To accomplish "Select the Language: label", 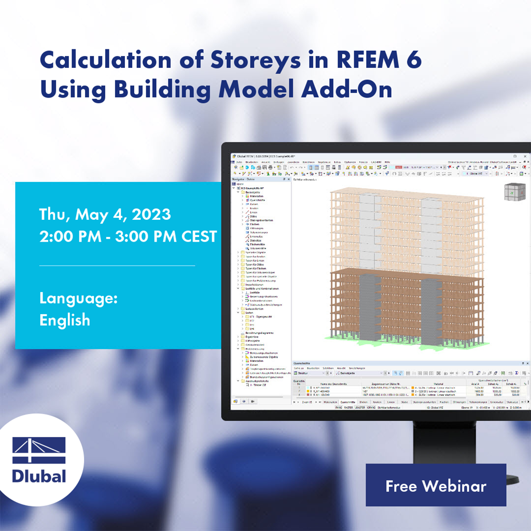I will pyautogui.click(x=78, y=298).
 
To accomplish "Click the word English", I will pyautogui.click(x=65, y=320).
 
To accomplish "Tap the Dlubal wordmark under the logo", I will pyautogui.click(x=39, y=476).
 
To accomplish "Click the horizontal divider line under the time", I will pyautogui.click(x=117, y=265).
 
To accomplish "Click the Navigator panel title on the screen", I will pyautogui.click(x=243, y=179).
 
